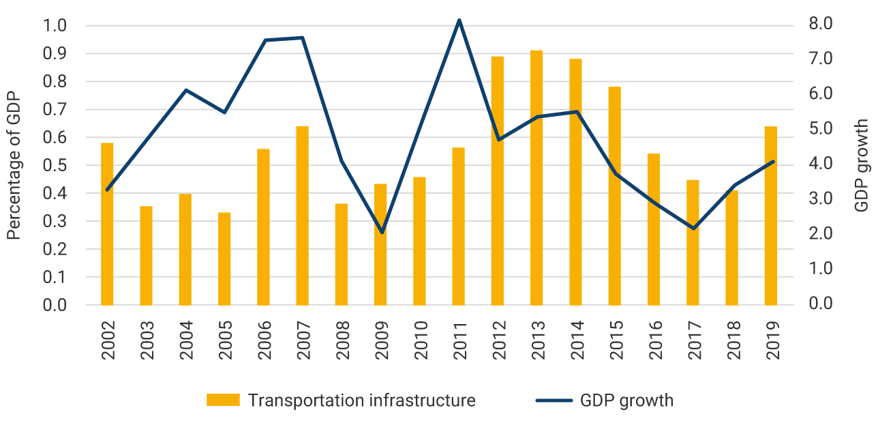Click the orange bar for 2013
click(536, 177)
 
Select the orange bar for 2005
click(224, 259)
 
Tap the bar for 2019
click(771, 216)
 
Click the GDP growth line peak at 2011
click(459, 20)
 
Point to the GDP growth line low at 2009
click(381, 233)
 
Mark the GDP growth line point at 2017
click(693, 229)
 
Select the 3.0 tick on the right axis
click(821, 199)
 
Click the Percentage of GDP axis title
click(13, 166)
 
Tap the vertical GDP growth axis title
click(862, 165)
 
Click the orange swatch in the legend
click(223, 400)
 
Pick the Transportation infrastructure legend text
click(361, 400)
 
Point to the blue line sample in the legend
click(554, 400)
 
